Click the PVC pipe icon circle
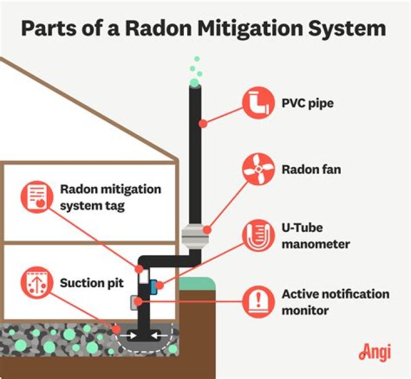258,103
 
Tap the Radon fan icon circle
258,169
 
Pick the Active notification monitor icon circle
258,301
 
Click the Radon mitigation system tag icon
37,197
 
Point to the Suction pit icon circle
37,283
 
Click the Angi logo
374,352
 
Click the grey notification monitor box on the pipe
136,302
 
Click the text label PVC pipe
308,104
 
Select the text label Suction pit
87,283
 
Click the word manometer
316,244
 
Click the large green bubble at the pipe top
195,83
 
